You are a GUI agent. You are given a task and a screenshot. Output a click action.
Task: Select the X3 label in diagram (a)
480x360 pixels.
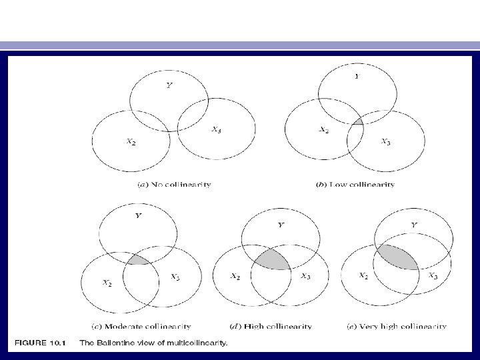pos(216,131)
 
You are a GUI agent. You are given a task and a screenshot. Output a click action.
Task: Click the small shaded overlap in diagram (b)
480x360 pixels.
pos(358,121)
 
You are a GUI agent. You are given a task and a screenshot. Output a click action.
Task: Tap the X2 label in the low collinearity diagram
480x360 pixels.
pos(323,130)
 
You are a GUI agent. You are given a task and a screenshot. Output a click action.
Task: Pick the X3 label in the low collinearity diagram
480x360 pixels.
pos(385,141)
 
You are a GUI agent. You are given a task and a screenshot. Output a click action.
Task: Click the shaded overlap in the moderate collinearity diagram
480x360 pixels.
pos(139,259)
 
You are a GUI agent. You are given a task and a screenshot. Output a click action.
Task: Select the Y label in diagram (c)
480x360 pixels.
pos(138,216)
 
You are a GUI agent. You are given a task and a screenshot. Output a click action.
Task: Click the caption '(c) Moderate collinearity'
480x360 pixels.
pos(141,327)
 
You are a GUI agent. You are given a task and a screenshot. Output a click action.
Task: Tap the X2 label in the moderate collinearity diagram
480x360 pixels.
pos(107,282)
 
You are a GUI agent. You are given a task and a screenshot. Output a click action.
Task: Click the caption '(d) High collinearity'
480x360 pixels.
pos(271,327)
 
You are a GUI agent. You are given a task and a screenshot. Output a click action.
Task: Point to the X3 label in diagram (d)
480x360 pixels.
pos(304,276)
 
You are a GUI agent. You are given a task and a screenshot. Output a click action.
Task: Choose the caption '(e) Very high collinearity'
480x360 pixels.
pos(396,327)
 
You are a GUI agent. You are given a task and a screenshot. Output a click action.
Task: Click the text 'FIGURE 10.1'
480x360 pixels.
pos(38,343)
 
